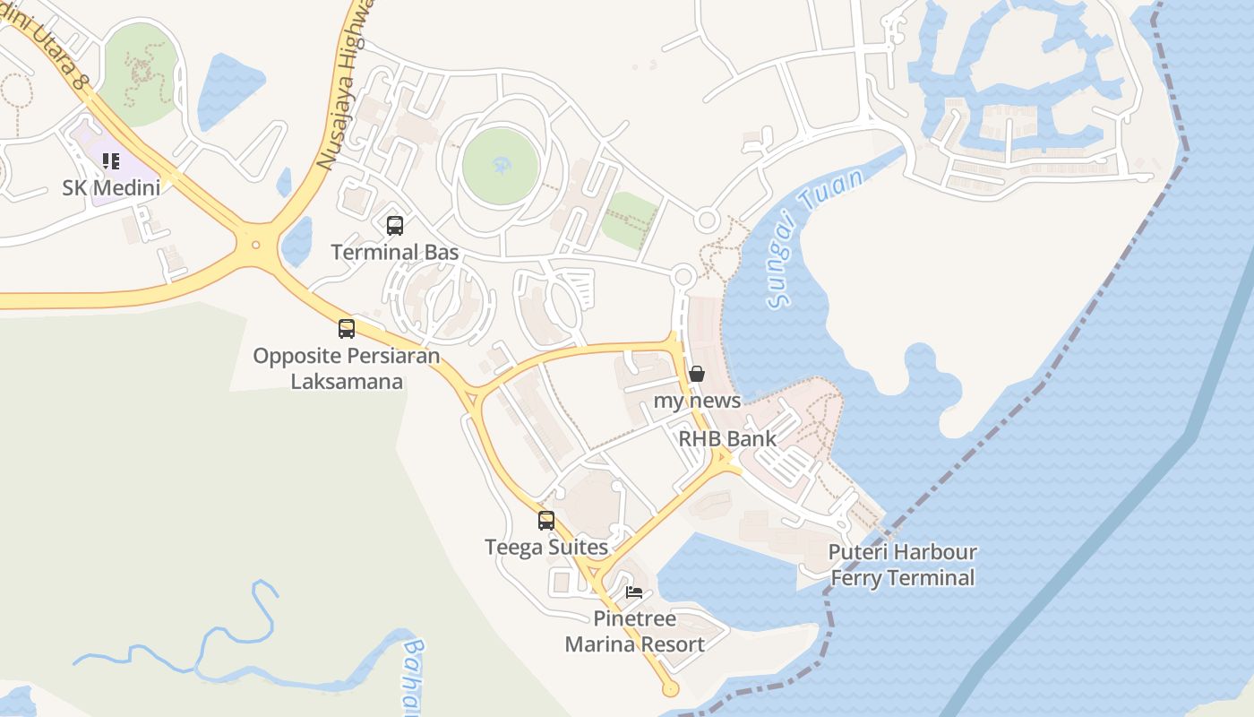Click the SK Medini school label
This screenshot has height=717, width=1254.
pos(111,187)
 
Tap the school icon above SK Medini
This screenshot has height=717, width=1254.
pos(111,161)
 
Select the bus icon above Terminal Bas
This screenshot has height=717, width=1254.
pos(395,226)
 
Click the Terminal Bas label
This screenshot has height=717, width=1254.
pos(395,252)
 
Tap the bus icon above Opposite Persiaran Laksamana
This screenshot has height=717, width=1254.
pos(347,329)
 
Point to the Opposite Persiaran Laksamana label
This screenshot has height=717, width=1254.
pos(347,368)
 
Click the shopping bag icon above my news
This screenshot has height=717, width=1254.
pos(697,374)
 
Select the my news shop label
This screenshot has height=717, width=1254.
pos(697,400)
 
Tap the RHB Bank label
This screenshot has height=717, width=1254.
pos(727,438)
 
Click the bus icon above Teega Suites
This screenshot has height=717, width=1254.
pos(546,520)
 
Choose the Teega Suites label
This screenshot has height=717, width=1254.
pos(546,546)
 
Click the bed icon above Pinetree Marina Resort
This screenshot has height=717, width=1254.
pos(634,592)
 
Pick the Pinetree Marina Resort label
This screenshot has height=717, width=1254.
pos(634,631)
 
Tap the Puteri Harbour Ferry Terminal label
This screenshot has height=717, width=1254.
pos(902,565)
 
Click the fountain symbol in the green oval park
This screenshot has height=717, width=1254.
pos(500,165)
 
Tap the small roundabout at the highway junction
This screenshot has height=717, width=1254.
pos(256,244)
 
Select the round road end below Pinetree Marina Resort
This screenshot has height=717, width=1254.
pos(669,689)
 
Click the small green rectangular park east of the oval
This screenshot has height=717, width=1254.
pos(629,220)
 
